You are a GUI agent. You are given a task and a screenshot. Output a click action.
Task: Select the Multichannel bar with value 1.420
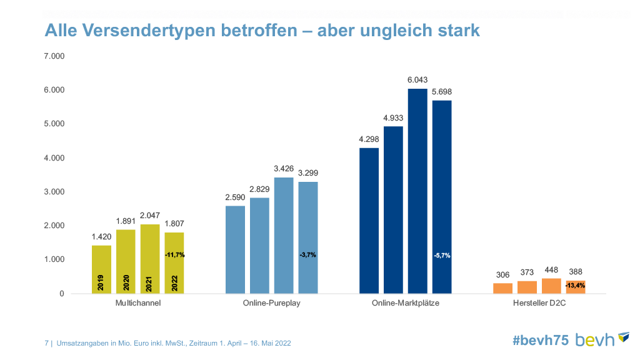[x=101, y=269]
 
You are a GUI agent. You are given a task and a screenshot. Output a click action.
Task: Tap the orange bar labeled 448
[x=551, y=286]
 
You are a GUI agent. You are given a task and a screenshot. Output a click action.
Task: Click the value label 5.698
[x=442, y=92]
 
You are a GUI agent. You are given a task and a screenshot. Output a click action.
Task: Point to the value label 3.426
[x=284, y=169]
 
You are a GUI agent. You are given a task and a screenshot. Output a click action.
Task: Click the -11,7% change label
[x=175, y=255]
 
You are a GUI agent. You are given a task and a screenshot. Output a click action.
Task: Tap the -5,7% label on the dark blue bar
[x=442, y=255]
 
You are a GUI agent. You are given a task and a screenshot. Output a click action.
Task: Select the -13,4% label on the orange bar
[x=575, y=285]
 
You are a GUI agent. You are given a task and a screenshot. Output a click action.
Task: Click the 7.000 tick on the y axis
[x=54, y=57]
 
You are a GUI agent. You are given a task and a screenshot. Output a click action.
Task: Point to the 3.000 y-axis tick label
[x=54, y=192]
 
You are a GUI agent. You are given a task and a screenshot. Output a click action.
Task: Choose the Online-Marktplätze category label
[x=406, y=303]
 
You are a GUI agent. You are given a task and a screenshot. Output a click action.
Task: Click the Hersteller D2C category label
[x=539, y=303]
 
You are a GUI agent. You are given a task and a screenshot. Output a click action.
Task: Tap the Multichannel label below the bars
[x=138, y=303]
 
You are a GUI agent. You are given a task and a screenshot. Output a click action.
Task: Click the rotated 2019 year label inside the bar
[x=101, y=283]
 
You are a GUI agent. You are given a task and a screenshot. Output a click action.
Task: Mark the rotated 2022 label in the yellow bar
[x=175, y=283]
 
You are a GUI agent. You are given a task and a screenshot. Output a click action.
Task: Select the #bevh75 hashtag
[x=541, y=340]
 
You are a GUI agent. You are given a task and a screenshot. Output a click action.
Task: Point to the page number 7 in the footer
[x=47, y=343]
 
